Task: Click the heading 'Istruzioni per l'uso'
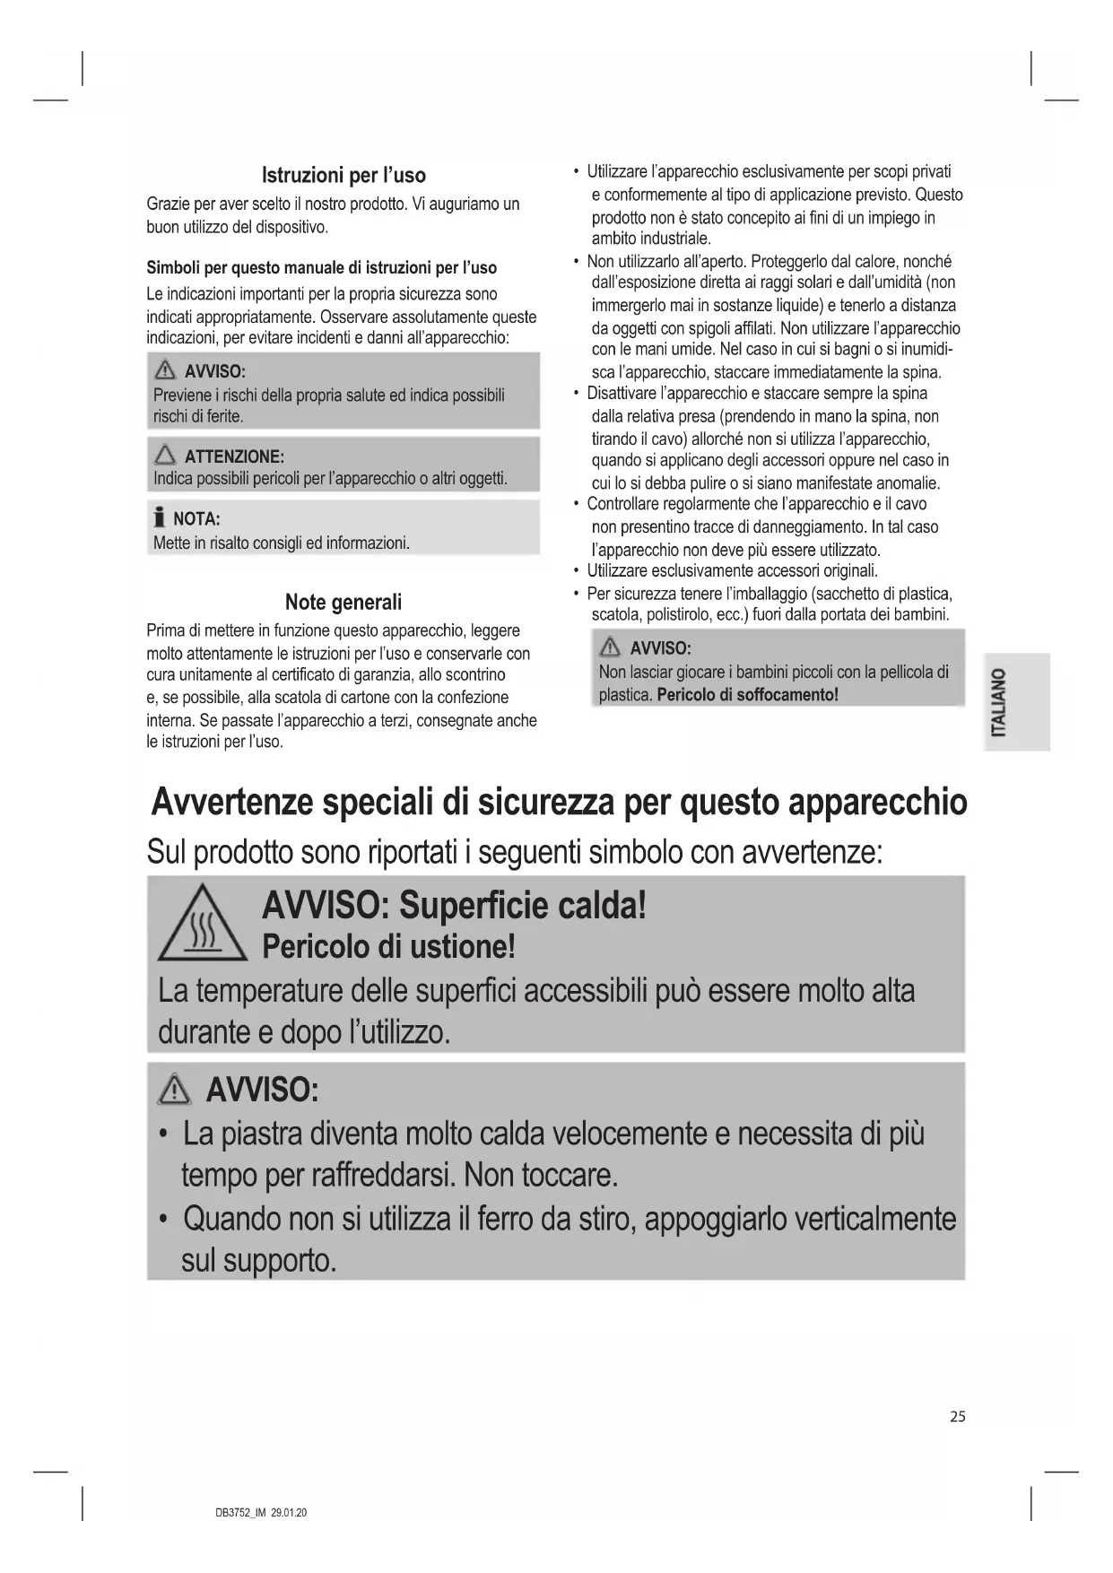(343, 175)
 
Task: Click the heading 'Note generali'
(343, 602)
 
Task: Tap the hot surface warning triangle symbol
(202, 923)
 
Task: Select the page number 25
(958, 1417)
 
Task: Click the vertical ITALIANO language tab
(998, 702)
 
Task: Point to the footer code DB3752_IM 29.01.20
(261, 1513)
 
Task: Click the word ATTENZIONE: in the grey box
(234, 456)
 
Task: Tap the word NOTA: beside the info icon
(196, 519)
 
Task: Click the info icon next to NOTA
(160, 518)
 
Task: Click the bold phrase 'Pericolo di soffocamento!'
(747, 695)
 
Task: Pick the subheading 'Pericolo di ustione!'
(388, 947)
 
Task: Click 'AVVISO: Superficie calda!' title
(454, 906)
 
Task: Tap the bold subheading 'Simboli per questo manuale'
(321, 268)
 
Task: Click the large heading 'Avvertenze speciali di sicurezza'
(559, 802)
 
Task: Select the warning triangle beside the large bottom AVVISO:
(173, 1091)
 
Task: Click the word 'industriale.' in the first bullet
(651, 239)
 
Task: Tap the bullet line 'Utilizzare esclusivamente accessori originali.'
(732, 571)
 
